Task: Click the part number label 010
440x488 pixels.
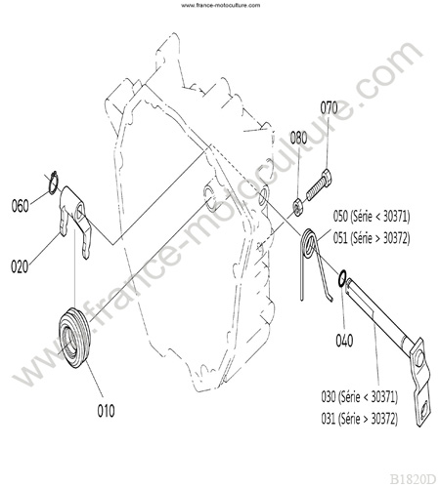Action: click(106, 411)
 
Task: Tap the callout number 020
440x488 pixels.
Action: click(20, 266)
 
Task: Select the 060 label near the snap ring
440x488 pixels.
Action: click(20, 206)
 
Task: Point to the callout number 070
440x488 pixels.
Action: click(329, 108)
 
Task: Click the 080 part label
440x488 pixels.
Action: click(298, 138)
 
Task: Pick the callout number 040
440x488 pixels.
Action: click(344, 341)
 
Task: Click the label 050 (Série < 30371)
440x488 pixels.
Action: click(372, 217)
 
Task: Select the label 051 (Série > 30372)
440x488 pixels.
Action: click(372, 238)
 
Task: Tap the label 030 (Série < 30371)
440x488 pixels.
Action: click(359, 396)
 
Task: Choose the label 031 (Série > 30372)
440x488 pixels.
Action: click(359, 419)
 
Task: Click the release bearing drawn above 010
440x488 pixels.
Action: click(74, 338)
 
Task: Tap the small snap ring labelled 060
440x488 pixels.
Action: click(53, 183)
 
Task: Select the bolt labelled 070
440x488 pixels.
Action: click(320, 184)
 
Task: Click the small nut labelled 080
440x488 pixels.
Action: click(298, 207)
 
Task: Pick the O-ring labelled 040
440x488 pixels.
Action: click(342, 278)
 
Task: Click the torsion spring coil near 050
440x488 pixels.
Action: click(309, 242)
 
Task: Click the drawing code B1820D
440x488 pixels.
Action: click(413, 479)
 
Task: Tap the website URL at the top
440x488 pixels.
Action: click(221, 5)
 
